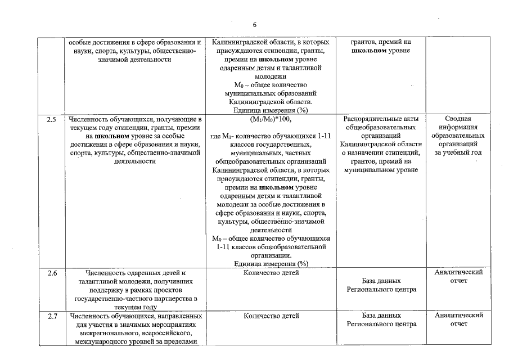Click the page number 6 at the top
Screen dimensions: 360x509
pos(254,25)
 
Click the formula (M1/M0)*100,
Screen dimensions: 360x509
pos(271,120)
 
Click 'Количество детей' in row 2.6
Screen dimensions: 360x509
pos(271,273)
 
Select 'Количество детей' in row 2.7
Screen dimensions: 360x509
pos(271,317)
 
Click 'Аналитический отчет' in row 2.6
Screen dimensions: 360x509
pos(458,276)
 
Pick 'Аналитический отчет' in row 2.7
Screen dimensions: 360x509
pos(458,319)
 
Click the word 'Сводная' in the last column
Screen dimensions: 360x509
pos(458,119)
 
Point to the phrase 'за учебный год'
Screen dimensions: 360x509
pos(458,152)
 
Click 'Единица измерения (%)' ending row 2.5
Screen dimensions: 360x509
pos(271,263)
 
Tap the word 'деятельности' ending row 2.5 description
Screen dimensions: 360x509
pos(134,161)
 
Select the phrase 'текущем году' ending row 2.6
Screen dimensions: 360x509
pos(134,307)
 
